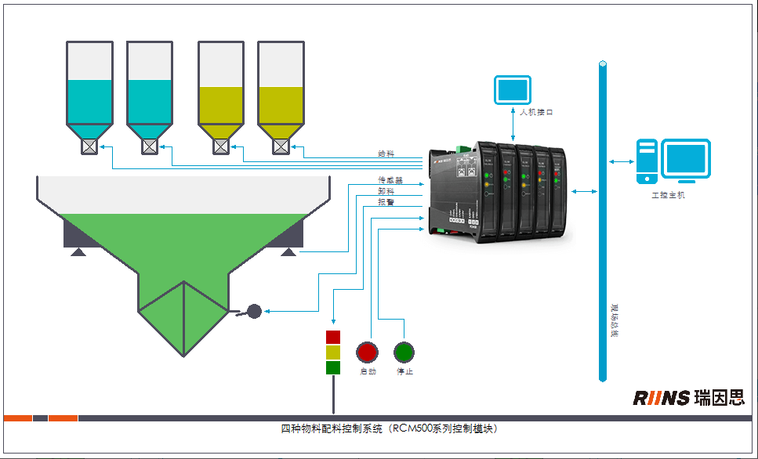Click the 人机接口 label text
[x=536, y=113]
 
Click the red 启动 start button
[x=367, y=352]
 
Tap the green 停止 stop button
[x=404, y=352]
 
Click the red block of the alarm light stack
[x=333, y=338]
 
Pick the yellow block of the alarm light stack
[x=333, y=352]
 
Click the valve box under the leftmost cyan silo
[x=89, y=146]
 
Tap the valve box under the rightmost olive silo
[x=281, y=146]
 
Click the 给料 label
[x=386, y=154]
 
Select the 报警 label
[x=386, y=202]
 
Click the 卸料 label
[x=386, y=191]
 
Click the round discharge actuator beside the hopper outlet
[x=253, y=312]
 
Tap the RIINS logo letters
[x=661, y=399]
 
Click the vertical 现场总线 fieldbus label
[x=614, y=322]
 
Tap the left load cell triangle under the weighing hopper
[x=78, y=251]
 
